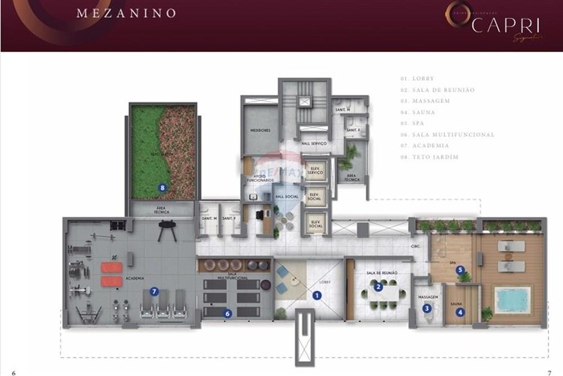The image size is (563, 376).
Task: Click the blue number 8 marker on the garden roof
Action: pyautogui.click(x=162, y=187)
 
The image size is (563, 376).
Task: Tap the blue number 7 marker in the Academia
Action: pyautogui.click(x=154, y=291)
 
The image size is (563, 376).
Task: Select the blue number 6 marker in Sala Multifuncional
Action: pyautogui.click(x=228, y=313)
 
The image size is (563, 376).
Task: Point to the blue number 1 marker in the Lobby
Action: pyautogui.click(x=317, y=295)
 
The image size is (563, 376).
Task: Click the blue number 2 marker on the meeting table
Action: pyautogui.click(x=379, y=286)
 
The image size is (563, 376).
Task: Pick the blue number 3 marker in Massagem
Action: pyautogui.click(x=427, y=308)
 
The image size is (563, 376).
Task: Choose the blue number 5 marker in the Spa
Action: pyautogui.click(x=460, y=270)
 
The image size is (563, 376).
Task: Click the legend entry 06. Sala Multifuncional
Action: pyautogui.click(x=448, y=135)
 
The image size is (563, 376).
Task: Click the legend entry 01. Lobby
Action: pyautogui.click(x=417, y=79)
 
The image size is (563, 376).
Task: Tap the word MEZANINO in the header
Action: pyautogui.click(x=126, y=13)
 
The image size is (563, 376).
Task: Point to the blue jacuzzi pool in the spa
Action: pyautogui.click(x=512, y=298)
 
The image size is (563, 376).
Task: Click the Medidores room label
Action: pyautogui.click(x=261, y=131)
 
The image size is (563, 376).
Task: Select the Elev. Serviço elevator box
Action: pyautogui.click(x=314, y=174)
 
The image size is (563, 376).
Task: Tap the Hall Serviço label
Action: pyautogui.click(x=314, y=144)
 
